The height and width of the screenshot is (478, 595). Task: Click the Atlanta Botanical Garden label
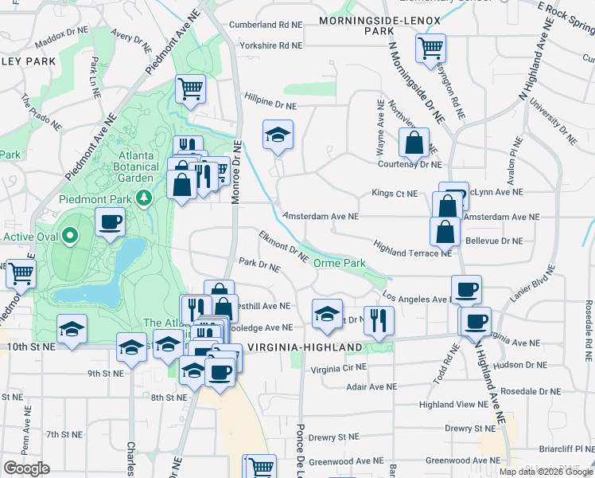point(112,167)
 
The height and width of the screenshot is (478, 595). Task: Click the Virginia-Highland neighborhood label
point(306,347)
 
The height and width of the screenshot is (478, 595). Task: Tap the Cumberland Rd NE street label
point(266,25)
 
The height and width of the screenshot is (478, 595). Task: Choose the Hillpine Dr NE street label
point(270,105)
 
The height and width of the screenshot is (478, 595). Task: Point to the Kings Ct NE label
point(395,194)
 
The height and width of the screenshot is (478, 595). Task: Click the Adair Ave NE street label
point(371,386)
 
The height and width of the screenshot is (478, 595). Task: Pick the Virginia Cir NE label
point(338,368)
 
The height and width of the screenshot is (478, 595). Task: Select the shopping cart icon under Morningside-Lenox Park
point(430,48)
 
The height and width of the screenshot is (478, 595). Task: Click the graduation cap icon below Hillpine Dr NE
point(278,135)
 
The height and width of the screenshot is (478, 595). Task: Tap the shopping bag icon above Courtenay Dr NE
point(414,144)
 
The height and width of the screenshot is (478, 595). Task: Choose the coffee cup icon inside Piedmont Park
point(110,222)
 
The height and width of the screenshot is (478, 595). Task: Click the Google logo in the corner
point(26,468)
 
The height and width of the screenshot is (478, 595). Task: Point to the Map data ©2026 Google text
point(545,472)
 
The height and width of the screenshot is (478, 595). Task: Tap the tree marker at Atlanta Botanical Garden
point(144,197)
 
